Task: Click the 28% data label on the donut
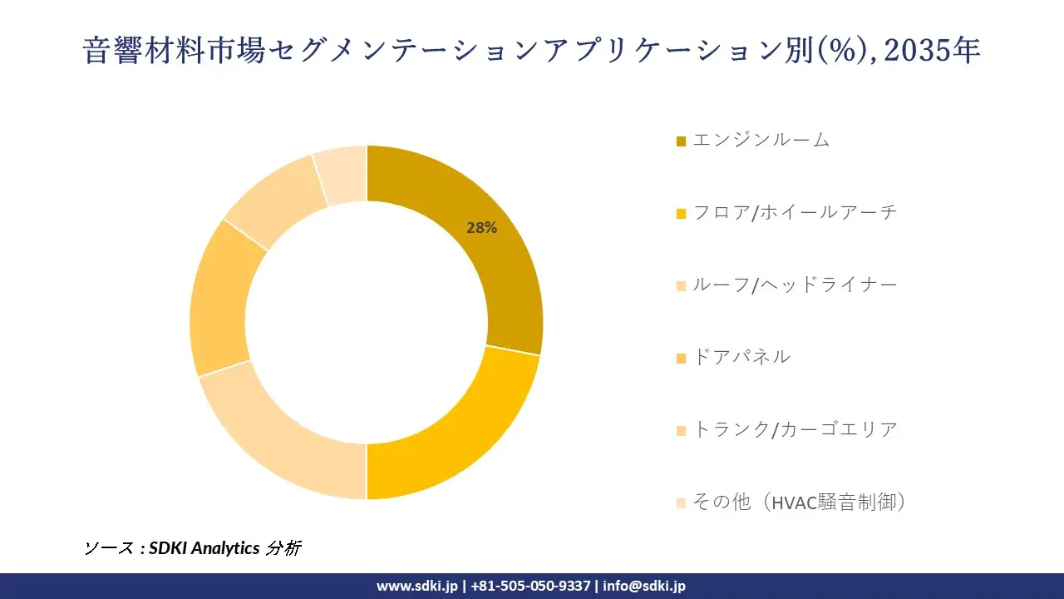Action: (x=481, y=228)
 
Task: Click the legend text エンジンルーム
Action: (x=761, y=140)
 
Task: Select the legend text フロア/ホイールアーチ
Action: (x=795, y=212)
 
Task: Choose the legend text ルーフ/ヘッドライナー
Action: (x=795, y=285)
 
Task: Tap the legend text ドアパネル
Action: (x=741, y=357)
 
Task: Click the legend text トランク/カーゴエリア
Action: (x=795, y=429)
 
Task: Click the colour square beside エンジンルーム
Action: (x=682, y=141)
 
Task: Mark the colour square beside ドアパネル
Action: (x=682, y=359)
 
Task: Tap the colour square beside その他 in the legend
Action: (x=682, y=503)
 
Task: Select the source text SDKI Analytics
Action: (x=204, y=548)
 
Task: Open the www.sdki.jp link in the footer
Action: (x=416, y=586)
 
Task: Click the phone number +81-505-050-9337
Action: (x=530, y=586)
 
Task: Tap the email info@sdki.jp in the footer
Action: (x=644, y=586)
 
